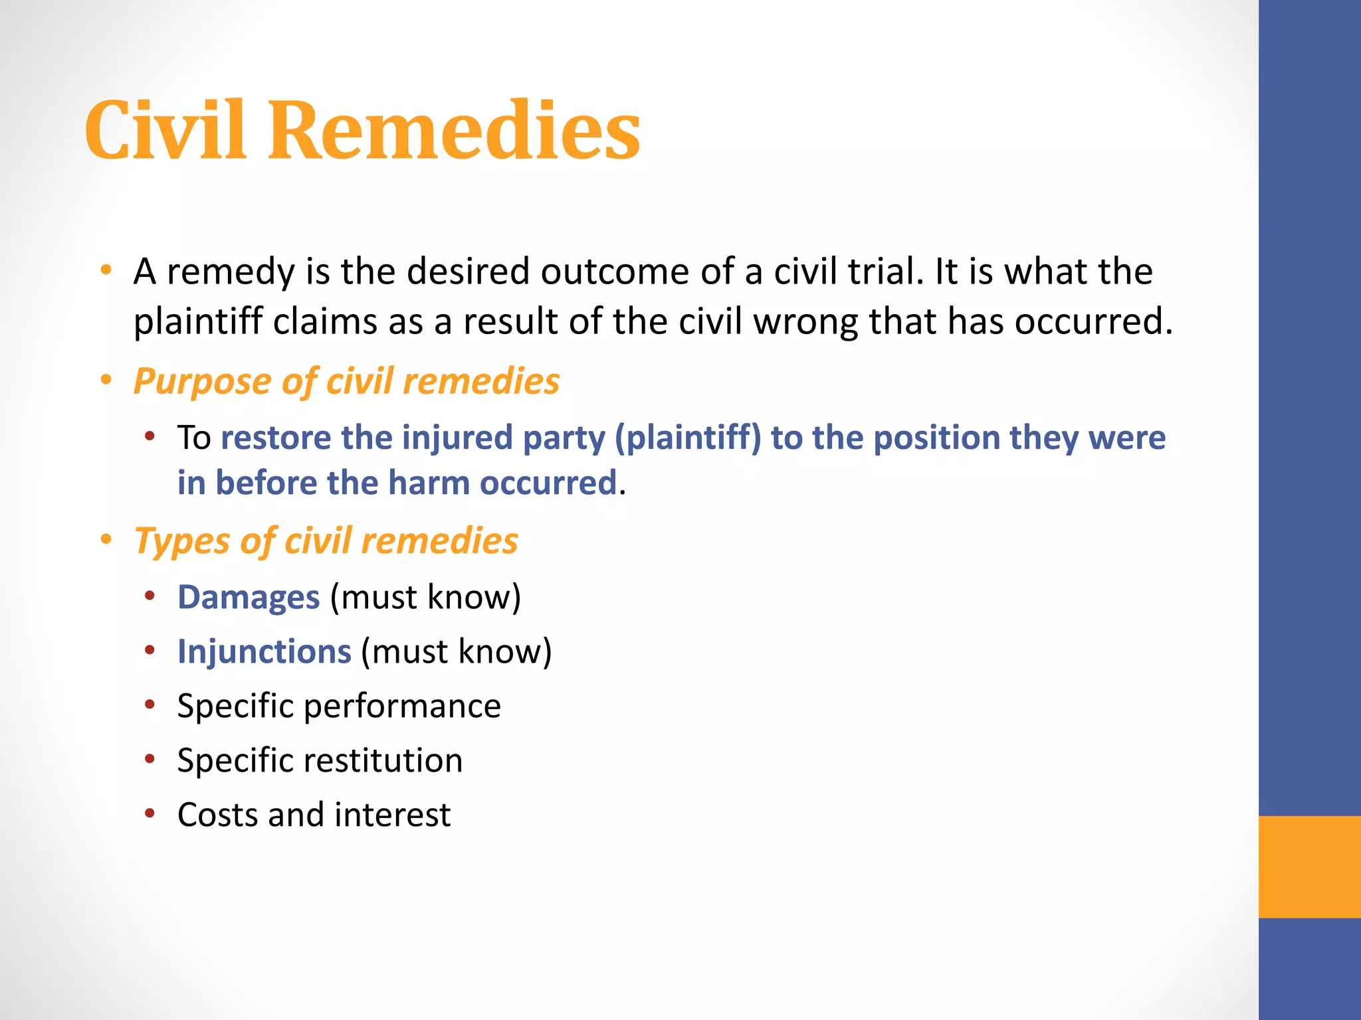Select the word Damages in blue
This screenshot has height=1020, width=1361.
(x=249, y=597)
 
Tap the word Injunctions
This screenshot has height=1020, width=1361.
(x=264, y=651)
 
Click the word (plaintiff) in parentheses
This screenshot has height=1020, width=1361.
(x=688, y=438)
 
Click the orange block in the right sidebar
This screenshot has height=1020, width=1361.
(x=1309, y=867)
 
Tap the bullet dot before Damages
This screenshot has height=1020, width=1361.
(x=150, y=596)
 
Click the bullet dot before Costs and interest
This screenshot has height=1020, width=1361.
(x=150, y=813)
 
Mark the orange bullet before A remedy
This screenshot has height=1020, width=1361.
(x=106, y=270)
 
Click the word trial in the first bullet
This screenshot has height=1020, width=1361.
(x=885, y=272)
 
